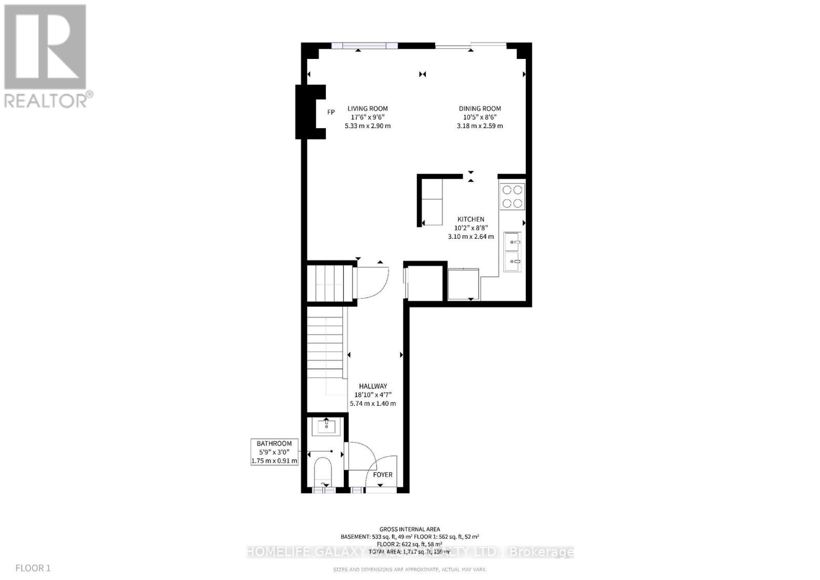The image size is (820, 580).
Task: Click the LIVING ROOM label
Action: click(x=367, y=109)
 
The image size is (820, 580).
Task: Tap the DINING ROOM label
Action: click(x=480, y=109)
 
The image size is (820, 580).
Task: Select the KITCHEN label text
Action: click(x=470, y=219)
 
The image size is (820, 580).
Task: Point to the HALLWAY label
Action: click(x=373, y=386)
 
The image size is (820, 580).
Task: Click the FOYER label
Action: click(x=382, y=475)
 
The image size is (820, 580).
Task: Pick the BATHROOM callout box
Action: click(x=274, y=452)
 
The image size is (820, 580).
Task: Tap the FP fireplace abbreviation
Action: click(x=331, y=112)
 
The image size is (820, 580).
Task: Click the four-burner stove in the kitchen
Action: click(x=512, y=196)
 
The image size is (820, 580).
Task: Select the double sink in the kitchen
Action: click(x=512, y=252)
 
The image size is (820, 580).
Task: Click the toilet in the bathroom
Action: click(x=323, y=472)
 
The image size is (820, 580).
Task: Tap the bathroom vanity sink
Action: click(x=326, y=426)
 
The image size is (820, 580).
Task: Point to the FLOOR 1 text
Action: click(x=33, y=568)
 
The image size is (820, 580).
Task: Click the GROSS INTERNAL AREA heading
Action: click(x=409, y=529)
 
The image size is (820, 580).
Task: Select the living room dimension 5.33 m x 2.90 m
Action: click(x=367, y=126)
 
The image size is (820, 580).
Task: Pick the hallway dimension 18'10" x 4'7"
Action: click(x=373, y=395)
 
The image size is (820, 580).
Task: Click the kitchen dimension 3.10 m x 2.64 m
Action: click(x=470, y=237)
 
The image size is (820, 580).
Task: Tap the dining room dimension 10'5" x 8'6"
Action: click(x=480, y=117)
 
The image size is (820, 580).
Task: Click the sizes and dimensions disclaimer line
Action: click(x=409, y=569)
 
